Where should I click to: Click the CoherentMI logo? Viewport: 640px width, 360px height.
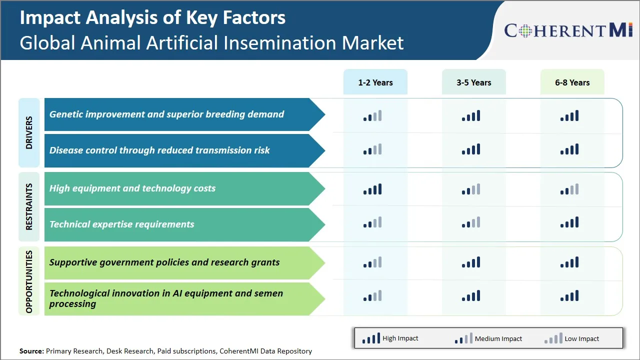coord(568,30)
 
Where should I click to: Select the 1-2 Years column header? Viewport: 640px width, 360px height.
coord(375,82)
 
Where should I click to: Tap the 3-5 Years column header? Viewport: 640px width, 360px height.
coord(473,82)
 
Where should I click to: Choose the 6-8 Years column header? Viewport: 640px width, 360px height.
coord(572,82)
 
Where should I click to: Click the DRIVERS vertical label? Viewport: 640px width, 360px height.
coord(29,132)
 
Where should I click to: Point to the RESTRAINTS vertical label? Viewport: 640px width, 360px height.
coord(29,206)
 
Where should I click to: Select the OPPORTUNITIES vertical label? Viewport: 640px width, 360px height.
coord(29,281)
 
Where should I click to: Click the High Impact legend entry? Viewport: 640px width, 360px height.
coord(390,338)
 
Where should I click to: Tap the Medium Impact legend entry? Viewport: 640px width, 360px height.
coord(488,338)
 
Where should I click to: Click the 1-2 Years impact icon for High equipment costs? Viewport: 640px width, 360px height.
coord(372,189)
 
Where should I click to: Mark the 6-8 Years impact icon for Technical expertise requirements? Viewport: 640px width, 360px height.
coord(569,222)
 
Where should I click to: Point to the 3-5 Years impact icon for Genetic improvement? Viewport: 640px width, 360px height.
coord(471,116)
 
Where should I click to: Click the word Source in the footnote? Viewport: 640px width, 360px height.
coord(31,351)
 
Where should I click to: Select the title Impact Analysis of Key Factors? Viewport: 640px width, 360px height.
coord(152,17)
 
